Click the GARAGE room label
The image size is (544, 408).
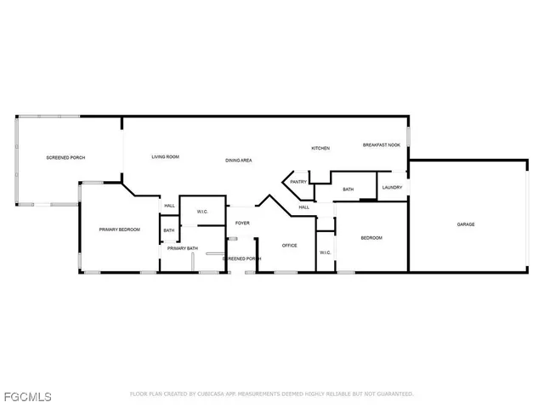click(x=466, y=224)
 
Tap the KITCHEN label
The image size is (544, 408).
click(x=320, y=149)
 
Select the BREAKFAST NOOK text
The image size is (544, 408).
click(x=381, y=145)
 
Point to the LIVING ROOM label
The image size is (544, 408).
click(x=165, y=157)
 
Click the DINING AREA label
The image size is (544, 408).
click(x=239, y=161)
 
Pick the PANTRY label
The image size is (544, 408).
click(x=298, y=181)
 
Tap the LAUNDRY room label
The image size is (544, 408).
click(x=392, y=187)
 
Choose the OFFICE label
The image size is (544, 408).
click(x=289, y=245)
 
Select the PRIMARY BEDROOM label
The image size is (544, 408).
click(x=119, y=229)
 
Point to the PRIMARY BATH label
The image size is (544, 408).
click(x=182, y=248)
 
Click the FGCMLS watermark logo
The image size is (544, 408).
click(x=26, y=397)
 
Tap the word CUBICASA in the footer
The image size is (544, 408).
click(x=213, y=394)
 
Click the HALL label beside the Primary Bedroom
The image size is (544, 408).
click(x=169, y=206)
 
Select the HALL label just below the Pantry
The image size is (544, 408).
click(x=303, y=207)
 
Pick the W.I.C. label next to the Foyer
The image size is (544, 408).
click(x=203, y=212)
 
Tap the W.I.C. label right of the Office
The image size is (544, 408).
click(x=326, y=252)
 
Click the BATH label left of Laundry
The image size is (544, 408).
click(x=348, y=189)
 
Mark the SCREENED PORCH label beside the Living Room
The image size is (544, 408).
click(x=65, y=157)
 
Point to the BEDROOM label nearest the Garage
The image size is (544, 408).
click(x=371, y=238)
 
